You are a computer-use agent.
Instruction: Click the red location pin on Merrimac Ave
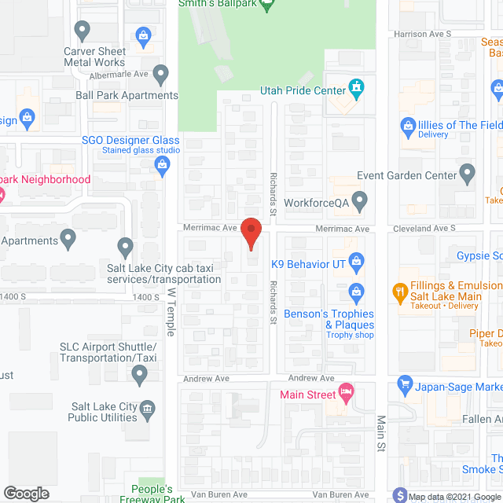[251, 233]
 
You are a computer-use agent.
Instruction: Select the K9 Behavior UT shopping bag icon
[356, 260]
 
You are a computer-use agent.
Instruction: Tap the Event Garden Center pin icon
[467, 172]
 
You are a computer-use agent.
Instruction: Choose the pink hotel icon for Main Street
[346, 391]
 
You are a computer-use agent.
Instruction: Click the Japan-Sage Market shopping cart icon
[406, 384]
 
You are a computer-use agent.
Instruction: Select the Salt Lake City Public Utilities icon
[147, 408]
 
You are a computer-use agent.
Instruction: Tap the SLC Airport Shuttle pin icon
[141, 376]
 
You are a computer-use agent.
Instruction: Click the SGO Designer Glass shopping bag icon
[163, 163]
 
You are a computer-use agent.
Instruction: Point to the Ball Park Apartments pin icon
[161, 76]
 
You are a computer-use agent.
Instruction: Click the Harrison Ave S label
[423, 35]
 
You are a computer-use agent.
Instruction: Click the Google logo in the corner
[25, 494]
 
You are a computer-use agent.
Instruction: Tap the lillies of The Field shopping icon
[408, 125]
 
